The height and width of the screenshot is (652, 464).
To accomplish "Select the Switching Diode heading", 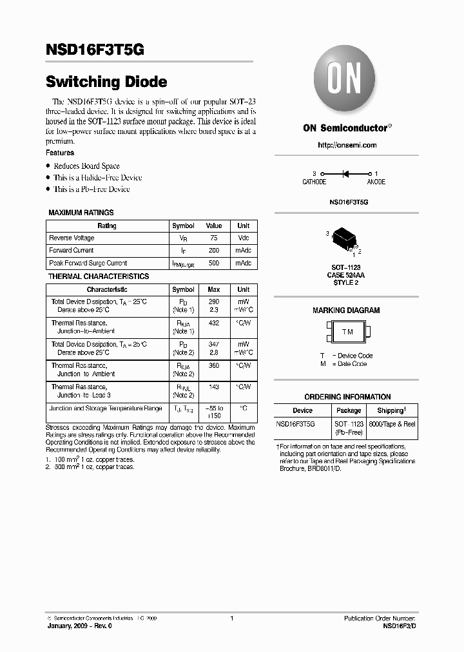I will click(106, 82).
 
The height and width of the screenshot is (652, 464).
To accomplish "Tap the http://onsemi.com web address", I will click(347, 145).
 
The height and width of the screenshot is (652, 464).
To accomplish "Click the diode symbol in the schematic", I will click(345, 173).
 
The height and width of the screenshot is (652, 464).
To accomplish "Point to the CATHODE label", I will click(314, 182).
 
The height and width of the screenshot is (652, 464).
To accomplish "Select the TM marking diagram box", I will click(347, 332).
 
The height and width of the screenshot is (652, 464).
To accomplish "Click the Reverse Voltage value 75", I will click(213, 238).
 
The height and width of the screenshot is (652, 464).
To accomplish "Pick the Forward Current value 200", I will click(213, 251).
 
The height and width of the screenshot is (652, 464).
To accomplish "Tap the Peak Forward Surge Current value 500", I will click(213, 264).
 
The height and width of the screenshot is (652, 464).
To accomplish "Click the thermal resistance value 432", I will click(213, 323).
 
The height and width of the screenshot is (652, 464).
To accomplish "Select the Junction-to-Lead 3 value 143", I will click(213, 387).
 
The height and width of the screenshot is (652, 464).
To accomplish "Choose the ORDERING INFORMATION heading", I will click(347, 397).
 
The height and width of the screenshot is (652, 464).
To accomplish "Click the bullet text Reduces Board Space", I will click(86, 166).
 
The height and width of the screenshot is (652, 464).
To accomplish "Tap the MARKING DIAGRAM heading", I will click(346, 311).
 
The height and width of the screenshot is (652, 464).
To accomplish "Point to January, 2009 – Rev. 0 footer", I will click(79, 626).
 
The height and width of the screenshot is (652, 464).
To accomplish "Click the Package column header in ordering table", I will click(349, 410).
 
